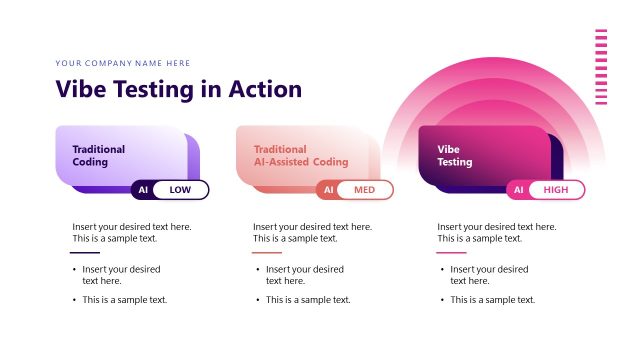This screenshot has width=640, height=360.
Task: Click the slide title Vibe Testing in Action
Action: point(178,89)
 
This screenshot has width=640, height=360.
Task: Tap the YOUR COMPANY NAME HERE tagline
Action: point(122,63)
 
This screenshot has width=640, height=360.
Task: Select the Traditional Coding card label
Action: point(98,155)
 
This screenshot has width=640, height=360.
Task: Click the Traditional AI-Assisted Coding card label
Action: point(300,155)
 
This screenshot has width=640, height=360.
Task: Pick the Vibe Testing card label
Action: point(455,155)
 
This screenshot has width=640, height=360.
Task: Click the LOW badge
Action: point(180,190)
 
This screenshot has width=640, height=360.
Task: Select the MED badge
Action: point(364,190)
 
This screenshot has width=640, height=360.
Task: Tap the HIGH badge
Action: point(555,190)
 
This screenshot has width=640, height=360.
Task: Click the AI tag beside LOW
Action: point(143,190)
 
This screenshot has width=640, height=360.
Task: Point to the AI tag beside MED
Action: point(328,190)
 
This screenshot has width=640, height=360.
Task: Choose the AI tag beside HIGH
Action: point(518,190)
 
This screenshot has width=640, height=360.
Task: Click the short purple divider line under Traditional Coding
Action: point(85,252)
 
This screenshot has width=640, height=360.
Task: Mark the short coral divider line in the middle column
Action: point(267,252)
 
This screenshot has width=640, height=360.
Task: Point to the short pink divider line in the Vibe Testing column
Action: point(451,252)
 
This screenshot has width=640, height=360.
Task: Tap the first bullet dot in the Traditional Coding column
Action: point(74,270)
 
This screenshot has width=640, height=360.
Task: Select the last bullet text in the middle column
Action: point(308,300)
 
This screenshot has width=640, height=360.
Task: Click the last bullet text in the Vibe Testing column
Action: point(492,300)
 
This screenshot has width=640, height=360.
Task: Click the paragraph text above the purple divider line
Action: point(131,232)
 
